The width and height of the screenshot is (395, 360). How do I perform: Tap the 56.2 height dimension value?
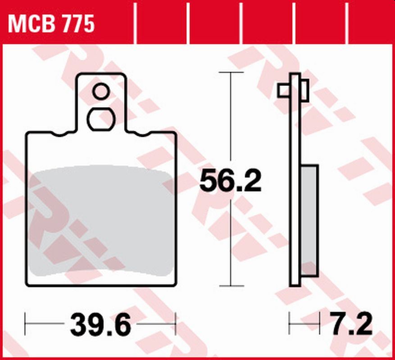tap(230, 181)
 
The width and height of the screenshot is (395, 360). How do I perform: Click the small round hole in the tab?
tap(101, 92)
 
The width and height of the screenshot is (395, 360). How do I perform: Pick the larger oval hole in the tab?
tap(101, 119)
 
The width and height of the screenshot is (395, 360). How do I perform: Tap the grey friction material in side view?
tap(310, 220)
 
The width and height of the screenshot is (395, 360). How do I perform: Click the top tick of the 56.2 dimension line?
tap(231, 72)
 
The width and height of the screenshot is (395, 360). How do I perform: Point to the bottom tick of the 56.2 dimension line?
tap(231, 286)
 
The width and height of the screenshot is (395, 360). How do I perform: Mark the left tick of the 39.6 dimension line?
tap(25, 323)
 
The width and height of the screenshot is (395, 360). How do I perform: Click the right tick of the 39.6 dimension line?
tap(176, 323)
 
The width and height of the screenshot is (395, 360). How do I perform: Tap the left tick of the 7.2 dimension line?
tap(289, 323)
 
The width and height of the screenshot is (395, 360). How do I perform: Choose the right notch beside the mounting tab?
tap(141, 134)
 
